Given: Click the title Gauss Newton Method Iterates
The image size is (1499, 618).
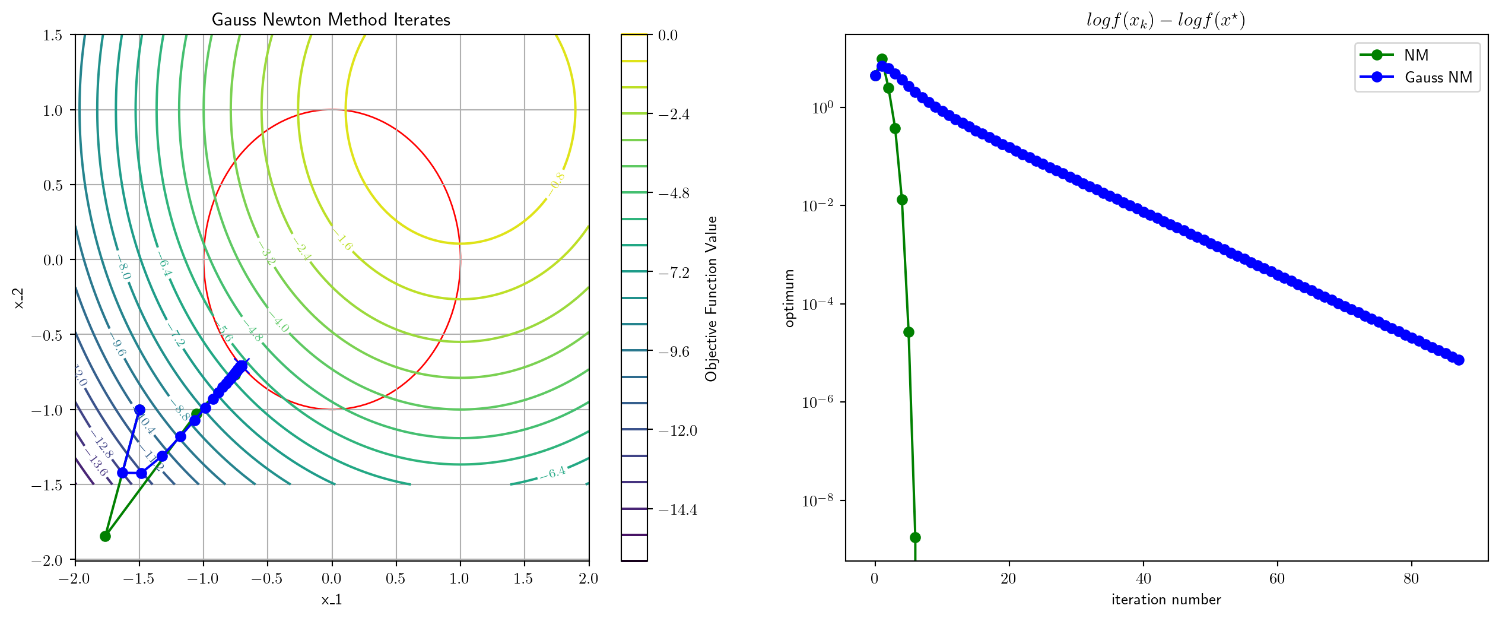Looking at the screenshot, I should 331,20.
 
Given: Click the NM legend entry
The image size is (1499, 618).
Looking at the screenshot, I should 1415,55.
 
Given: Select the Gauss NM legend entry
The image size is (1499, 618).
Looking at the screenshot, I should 1438,77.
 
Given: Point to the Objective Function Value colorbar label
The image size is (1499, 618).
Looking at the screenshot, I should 711,298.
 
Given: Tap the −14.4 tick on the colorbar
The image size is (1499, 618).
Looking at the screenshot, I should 678,509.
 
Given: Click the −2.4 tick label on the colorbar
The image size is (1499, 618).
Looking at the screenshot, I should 674,114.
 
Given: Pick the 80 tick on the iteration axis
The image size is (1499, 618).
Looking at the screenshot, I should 1411,579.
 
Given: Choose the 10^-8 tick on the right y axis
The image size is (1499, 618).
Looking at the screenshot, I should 818,501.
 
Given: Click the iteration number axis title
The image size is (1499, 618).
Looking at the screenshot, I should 1166,600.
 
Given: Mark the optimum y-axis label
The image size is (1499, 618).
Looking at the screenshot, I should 789,298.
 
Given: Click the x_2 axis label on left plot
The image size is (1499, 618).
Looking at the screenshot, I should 19,298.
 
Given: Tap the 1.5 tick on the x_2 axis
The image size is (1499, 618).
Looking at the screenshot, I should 53,35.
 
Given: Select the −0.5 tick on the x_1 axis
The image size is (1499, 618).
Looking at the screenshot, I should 267,579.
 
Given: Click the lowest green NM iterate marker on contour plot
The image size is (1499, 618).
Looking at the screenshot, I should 105,537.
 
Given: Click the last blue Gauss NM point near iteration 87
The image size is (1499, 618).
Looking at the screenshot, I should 1459,360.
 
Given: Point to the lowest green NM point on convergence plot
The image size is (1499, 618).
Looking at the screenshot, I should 915,537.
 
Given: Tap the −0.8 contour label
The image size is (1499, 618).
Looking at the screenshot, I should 557,182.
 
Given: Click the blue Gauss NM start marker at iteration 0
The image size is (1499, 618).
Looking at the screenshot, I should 875,75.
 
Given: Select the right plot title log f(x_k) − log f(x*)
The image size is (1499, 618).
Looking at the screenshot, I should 1165,20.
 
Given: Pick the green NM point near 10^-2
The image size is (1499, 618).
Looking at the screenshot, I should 902,199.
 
